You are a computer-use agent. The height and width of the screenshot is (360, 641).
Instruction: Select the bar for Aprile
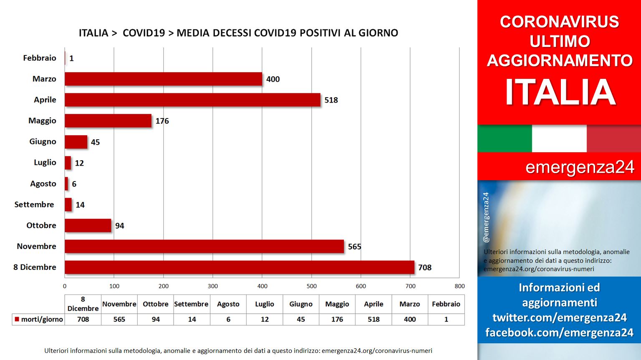point(192,100)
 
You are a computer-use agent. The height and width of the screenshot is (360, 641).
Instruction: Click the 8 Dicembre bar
point(240,267)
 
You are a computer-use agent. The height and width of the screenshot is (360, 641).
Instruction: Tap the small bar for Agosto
point(66,184)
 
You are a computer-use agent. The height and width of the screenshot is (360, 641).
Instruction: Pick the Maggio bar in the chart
point(108,121)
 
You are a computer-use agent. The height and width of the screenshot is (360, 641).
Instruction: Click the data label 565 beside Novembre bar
point(355,247)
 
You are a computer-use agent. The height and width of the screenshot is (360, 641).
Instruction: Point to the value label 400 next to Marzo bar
point(273,79)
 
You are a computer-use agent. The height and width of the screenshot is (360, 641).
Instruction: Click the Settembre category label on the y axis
point(34,204)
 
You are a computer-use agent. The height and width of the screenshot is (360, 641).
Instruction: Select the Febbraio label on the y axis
point(40,58)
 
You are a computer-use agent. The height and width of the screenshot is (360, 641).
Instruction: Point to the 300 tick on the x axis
point(212,286)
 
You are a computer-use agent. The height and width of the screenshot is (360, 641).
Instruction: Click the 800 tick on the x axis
point(459,286)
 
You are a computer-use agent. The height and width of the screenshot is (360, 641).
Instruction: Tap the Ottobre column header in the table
point(155,304)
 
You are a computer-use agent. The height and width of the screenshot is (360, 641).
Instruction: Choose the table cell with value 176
point(337,320)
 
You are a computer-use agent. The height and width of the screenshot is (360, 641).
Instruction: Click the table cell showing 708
point(83,320)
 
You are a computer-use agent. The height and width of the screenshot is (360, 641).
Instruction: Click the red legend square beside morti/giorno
point(17,319)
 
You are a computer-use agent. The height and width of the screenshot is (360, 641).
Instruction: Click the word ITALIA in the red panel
point(560,92)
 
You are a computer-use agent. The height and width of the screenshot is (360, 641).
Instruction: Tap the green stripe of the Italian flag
point(505,138)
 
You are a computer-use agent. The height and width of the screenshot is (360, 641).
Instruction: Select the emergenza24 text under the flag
point(580,167)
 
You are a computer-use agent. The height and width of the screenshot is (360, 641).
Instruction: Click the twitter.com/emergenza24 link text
point(560,317)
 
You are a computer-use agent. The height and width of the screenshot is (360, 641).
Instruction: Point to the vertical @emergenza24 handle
point(486,217)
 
